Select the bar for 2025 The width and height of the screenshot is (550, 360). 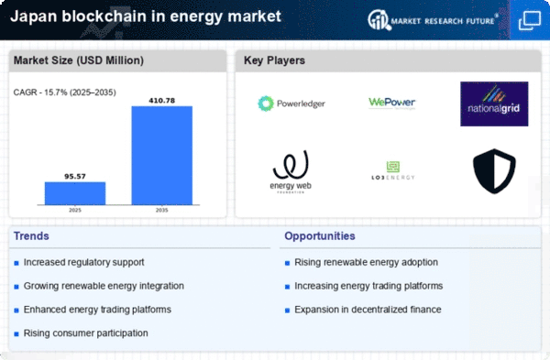[x=75, y=192]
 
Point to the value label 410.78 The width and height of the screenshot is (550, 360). [x=162, y=99]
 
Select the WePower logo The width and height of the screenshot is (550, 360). [x=392, y=104]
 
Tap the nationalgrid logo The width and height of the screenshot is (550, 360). [x=494, y=104]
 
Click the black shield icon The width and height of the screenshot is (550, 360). [x=494, y=171]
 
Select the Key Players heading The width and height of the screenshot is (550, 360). [x=274, y=60]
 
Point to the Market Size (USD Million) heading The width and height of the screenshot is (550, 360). [x=78, y=60]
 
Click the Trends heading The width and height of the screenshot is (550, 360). [x=32, y=236]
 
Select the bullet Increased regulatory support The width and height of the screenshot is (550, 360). [x=84, y=262]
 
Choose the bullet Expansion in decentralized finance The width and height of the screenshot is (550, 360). [x=368, y=310]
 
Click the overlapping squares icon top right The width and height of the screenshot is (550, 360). [x=530, y=19]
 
